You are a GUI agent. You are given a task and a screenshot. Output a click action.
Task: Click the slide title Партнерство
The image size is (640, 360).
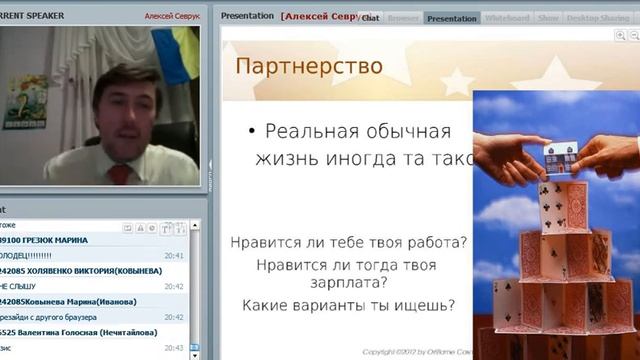click(309, 67)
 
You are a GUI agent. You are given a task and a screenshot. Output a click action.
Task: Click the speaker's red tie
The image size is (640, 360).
click(120, 173)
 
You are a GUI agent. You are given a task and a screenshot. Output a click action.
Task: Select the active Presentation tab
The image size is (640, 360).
click(451, 18)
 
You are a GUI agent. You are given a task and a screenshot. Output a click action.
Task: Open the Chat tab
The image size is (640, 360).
click(370, 18)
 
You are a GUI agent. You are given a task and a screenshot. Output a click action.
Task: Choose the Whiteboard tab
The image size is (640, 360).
click(507, 18)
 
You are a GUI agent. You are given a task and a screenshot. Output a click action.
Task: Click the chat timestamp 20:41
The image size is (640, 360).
click(174, 255)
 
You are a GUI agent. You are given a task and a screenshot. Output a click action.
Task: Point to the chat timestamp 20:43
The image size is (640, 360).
click(174, 347)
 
